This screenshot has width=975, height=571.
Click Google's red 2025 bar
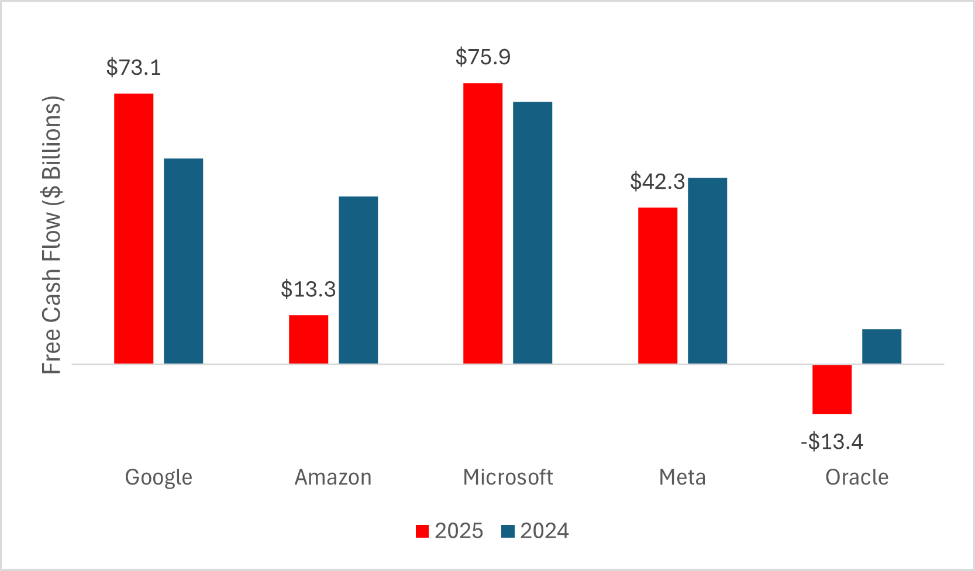pyautogui.click(x=133, y=229)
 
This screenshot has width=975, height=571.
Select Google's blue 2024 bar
pyautogui.click(x=183, y=261)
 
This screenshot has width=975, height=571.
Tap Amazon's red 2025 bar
pyautogui.click(x=308, y=339)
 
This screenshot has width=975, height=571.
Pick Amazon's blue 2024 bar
pyautogui.click(x=358, y=280)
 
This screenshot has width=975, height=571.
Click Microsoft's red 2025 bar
pyautogui.click(x=483, y=223)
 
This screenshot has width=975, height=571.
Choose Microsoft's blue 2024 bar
pyautogui.click(x=532, y=233)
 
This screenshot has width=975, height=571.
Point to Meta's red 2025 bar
pyautogui.click(x=657, y=285)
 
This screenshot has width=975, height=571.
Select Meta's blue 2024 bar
pyautogui.click(x=707, y=271)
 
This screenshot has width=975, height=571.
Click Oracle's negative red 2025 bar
pyautogui.click(x=832, y=389)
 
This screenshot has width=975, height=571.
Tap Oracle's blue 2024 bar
pyautogui.click(x=881, y=346)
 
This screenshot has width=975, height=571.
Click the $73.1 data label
pyautogui.click(x=133, y=68)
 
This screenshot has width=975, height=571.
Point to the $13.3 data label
pyautogui.click(x=308, y=289)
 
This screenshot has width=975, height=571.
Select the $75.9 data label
pyautogui.click(x=483, y=57)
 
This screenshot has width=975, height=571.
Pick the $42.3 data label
pyautogui.click(x=657, y=182)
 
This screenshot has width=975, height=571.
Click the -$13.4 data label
pyautogui.click(x=832, y=442)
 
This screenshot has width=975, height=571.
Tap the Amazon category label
pyautogui.click(x=333, y=477)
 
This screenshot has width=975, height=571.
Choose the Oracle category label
pyautogui.click(x=857, y=477)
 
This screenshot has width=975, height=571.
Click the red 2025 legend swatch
pyautogui.click(x=422, y=531)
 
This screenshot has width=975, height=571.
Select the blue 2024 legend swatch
pyautogui.click(x=508, y=531)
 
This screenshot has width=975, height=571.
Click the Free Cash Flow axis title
pyautogui.click(x=52, y=235)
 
